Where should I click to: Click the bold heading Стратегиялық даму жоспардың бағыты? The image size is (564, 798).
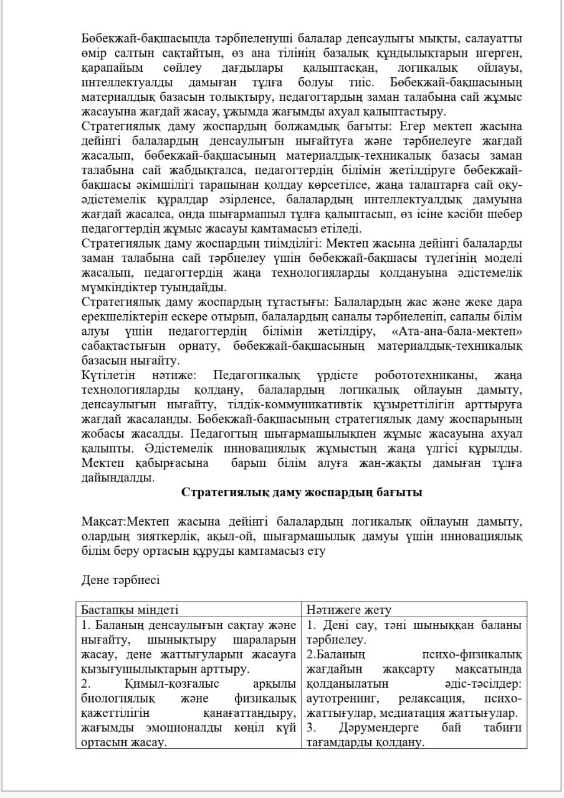click(x=302, y=493)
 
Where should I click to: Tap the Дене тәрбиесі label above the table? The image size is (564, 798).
click(x=120, y=580)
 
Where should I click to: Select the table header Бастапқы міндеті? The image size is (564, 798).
click(x=130, y=610)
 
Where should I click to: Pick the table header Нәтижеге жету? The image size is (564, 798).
click(x=349, y=610)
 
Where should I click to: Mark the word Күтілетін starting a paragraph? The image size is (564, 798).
click(x=108, y=375)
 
